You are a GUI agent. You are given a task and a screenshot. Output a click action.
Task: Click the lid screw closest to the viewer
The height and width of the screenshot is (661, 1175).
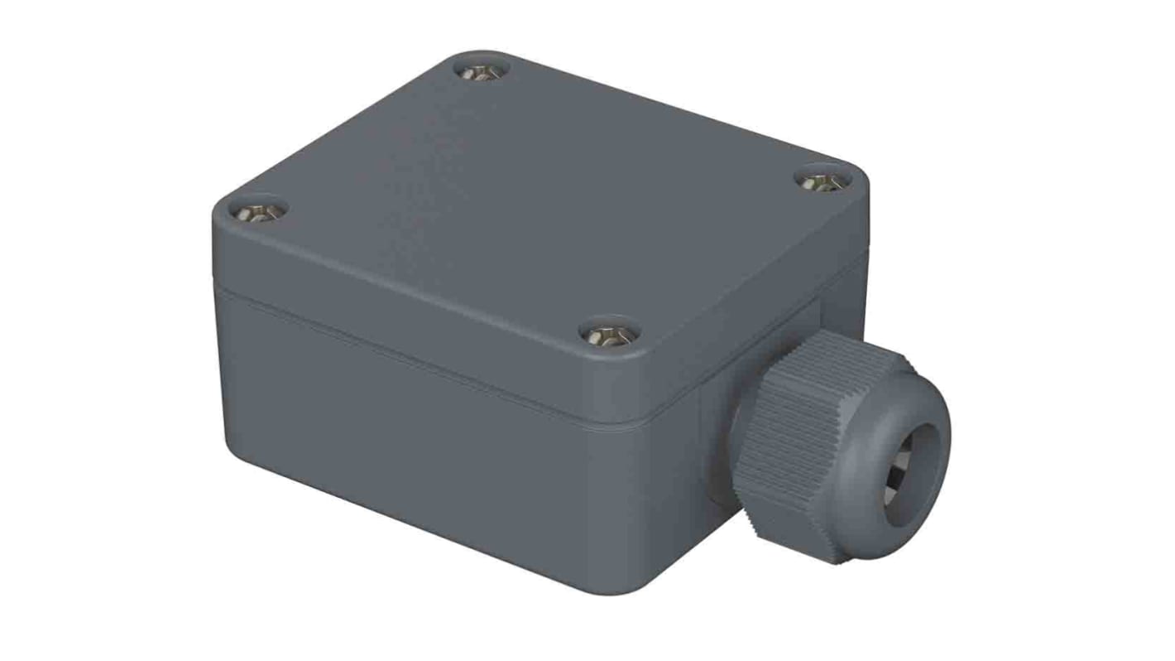coord(609,335)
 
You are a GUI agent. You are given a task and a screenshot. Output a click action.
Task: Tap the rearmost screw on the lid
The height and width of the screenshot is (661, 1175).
coord(482,72)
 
